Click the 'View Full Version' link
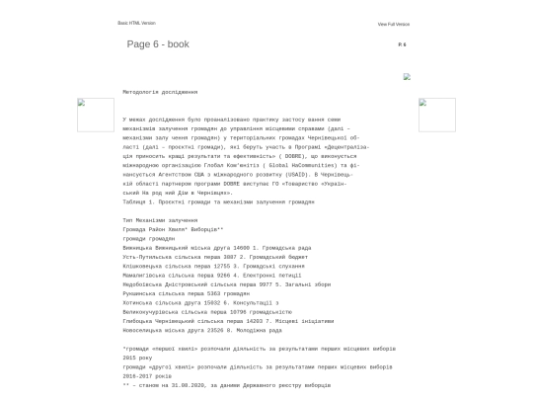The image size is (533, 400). (x=393, y=24)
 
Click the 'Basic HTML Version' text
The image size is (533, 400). (x=136, y=23)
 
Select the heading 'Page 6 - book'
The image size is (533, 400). (x=158, y=44)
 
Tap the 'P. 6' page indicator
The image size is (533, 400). (x=402, y=44)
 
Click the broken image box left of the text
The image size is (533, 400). (x=96, y=115)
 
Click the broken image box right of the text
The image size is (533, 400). (x=436, y=115)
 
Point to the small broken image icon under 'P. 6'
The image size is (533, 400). (x=407, y=76)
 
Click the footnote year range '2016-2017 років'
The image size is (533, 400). (x=147, y=375)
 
